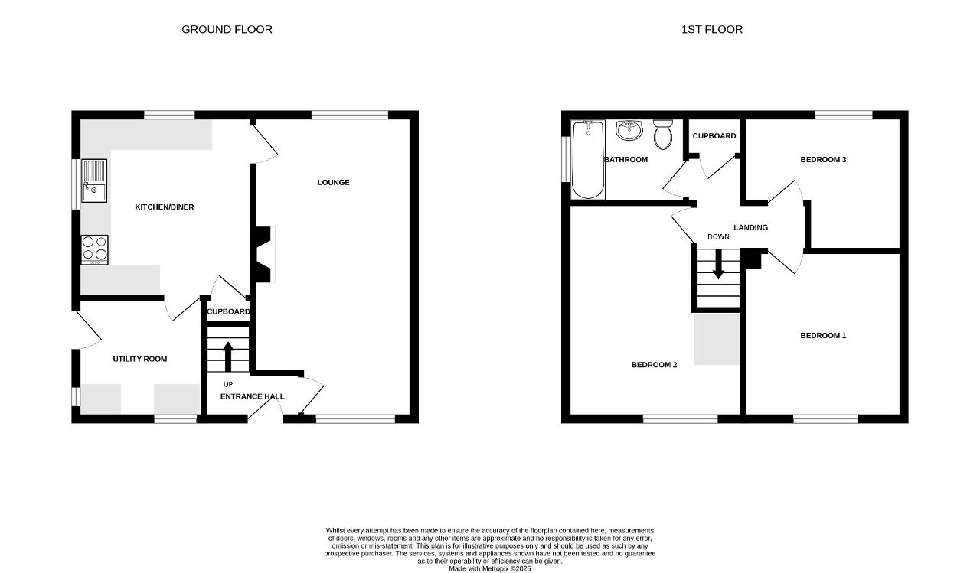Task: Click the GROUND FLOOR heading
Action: click(x=227, y=29)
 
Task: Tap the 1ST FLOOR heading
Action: click(x=712, y=29)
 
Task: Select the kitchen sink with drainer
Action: click(x=94, y=181)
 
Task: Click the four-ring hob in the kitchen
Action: click(x=94, y=250)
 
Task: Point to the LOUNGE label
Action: click(x=333, y=182)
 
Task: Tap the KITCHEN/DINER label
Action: click(x=165, y=207)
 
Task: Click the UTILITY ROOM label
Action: click(x=140, y=359)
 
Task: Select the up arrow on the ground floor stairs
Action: click(x=228, y=356)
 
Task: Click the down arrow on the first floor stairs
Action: click(x=718, y=265)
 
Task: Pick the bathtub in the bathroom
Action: click(x=589, y=160)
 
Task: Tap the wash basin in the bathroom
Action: click(x=629, y=130)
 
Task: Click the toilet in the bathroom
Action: click(x=663, y=134)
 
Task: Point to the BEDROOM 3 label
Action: click(x=823, y=160)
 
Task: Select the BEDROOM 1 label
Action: click(x=823, y=335)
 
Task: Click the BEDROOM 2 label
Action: click(x=654, y=364)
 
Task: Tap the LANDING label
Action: click(x=751, y=227)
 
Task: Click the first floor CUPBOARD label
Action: click(x=714, y=136)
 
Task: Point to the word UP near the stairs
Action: click(x=228, y=384)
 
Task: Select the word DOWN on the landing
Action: click(x=718, y=236)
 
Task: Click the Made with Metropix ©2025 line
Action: click(x=489, y=568)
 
